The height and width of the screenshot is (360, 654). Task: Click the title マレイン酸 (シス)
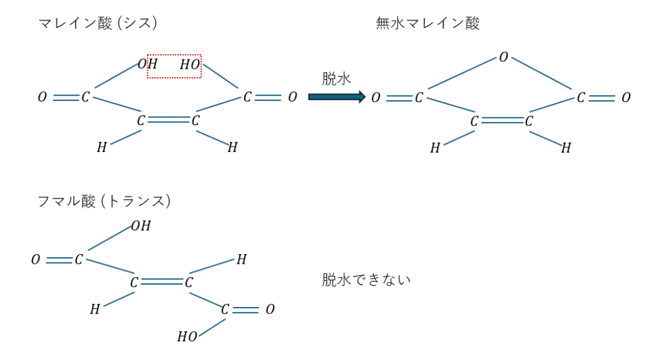[x=98, y=23]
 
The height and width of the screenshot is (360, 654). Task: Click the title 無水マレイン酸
[x=427, y=23]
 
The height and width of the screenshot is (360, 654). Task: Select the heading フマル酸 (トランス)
[x=104, y=201]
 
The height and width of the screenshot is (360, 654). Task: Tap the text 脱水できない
[x=366, y=280]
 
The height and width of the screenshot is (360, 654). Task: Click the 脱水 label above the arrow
[x=336, y=79]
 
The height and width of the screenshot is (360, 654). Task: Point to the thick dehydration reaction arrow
[x=337, y=97]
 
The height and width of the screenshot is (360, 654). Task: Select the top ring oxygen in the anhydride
[x=503, y=57]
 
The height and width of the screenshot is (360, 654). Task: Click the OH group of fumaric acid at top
[x=141, y=226]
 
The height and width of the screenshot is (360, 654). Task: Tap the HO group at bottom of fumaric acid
[x=187, y=336]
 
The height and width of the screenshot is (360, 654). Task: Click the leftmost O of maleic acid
[x=42, y=97]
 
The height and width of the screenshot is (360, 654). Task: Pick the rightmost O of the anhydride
[x=626, y=98]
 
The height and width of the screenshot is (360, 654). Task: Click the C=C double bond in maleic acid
[x=169, y=120]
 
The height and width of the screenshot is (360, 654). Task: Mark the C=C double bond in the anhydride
[x=502, y=121]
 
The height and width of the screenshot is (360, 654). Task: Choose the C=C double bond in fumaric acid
[x=162, y=282]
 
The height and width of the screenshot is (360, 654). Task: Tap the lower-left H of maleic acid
[x=102, y=147]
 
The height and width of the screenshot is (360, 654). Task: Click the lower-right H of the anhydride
[x=566, y=147]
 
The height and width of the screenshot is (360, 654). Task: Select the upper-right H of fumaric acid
[x=241, y=260]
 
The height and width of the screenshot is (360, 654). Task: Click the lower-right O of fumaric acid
[x=270, y=309]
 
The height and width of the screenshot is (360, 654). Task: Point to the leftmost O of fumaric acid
[x=36, y=260]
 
